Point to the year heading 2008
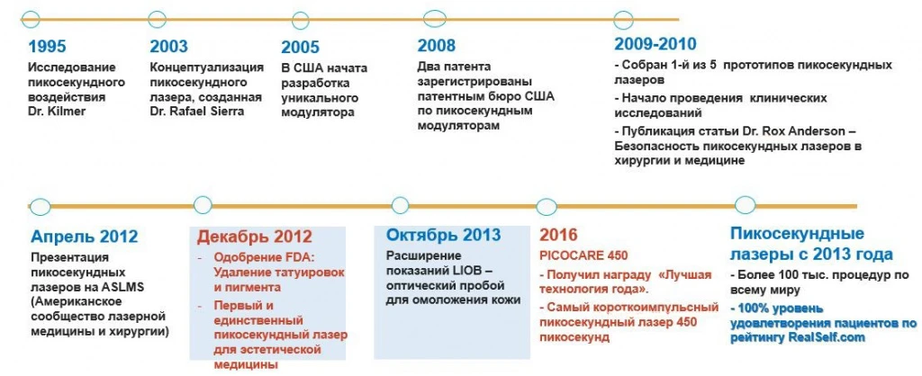(437, 46)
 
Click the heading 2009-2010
(655, 44)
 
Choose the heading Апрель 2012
(84, 237)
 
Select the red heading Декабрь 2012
(255, 237)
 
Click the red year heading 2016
(559, 236)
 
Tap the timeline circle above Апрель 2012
(38, 205)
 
